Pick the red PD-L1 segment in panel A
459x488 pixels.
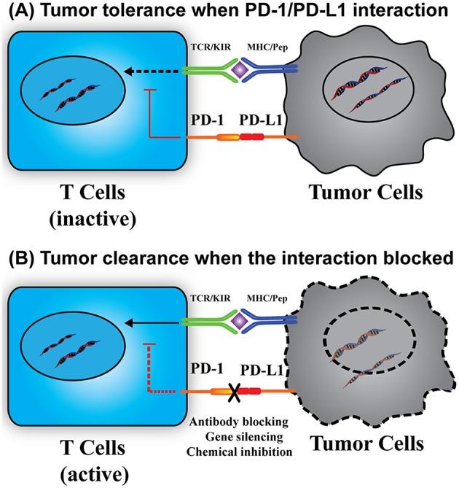251,137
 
